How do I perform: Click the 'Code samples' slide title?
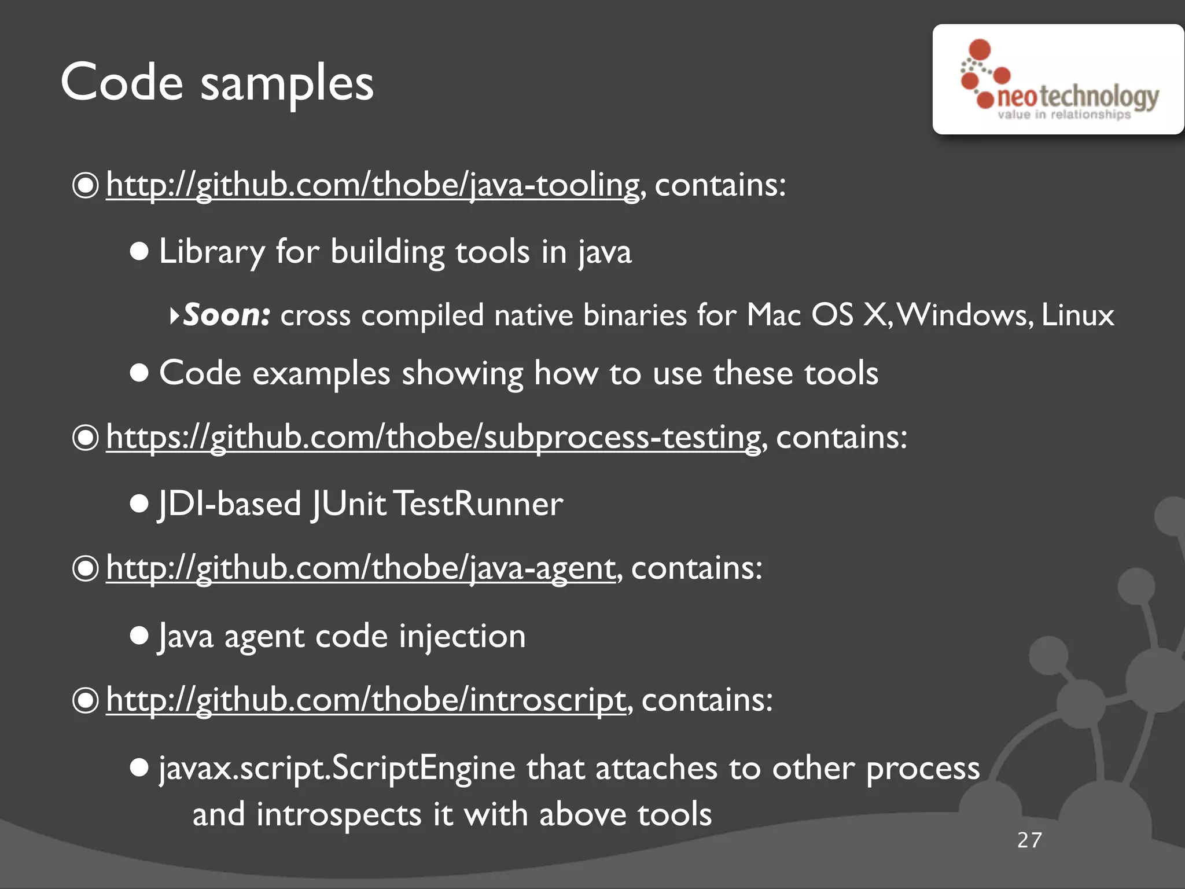pos(217,83)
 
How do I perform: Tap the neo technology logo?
pos(1059,79)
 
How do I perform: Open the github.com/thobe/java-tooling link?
pos(373,185)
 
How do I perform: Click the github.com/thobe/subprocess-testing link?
pos(433,437)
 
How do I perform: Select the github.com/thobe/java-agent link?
pos(360,568)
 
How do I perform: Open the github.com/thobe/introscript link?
pos(366,700)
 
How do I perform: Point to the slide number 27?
pos(1029,840)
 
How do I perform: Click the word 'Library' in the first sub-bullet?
pos(212,252)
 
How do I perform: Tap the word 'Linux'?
pos(1077,315)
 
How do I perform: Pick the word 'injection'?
pos(462,636)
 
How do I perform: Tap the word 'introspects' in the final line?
pos(339,814)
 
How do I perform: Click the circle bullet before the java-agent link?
pos(86,568)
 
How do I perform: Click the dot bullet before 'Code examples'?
pos(139,373)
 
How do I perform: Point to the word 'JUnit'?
pos(349,504)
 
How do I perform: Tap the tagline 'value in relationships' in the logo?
pos(1063,115)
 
